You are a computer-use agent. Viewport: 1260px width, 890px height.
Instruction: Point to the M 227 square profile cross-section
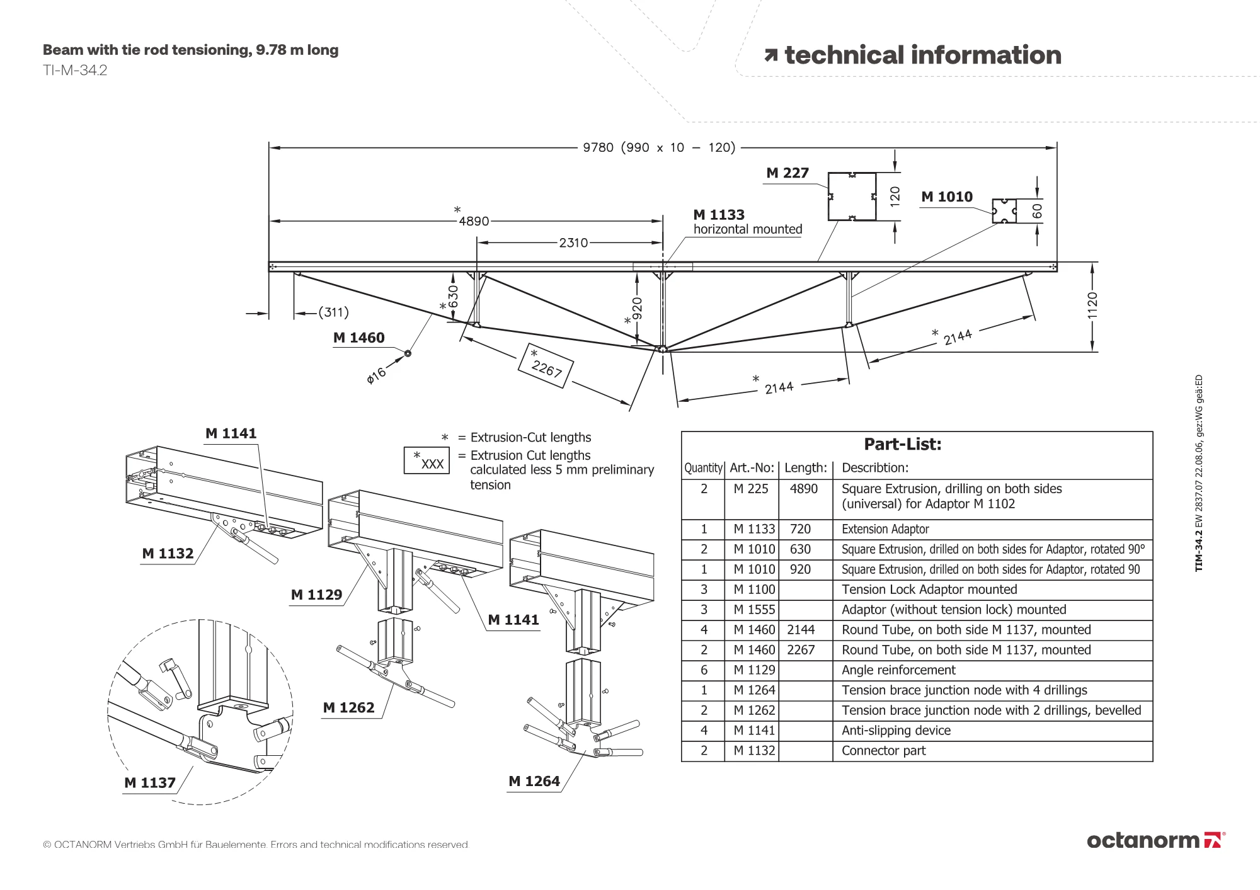[x=852, y=197]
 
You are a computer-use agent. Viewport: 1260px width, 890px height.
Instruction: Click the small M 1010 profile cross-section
[x=1004, y=211]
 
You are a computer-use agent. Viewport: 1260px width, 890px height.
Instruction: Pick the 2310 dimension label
[x=573, y=242]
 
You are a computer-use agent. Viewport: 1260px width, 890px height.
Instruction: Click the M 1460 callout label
[x=358, y=338]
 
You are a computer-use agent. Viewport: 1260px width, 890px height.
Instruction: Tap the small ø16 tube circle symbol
[x=408, y=353]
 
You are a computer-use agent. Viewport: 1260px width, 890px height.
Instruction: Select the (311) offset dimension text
[x=333, y=312]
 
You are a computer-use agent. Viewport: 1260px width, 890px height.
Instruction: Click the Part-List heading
[x=902, y=444]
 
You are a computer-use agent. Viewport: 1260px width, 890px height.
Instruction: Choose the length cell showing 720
[x=800, y=529]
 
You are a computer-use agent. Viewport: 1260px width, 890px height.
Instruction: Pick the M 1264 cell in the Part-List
[x=754, y=690]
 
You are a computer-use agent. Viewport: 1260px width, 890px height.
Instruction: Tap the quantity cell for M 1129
[x=704, y=670]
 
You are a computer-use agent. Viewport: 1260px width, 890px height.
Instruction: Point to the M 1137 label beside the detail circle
[x=150, y=783]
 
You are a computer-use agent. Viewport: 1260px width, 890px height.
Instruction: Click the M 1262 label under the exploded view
[x=348, y=708]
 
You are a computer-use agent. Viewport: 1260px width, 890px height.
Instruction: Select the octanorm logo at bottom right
[x=1155, y=840]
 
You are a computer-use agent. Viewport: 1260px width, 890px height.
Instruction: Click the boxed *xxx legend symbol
[x=427, y=460]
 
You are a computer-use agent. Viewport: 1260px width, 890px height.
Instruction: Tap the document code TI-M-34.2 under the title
[x=75, y=71]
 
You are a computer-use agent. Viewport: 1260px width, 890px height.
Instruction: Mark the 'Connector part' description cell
[x=883, y=751]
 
